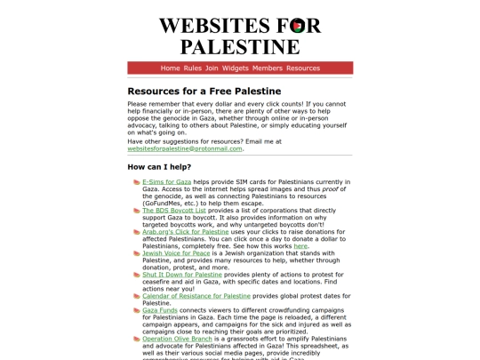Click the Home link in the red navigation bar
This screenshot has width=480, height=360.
pos(170,68)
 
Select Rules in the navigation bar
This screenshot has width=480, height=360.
pos(193,68)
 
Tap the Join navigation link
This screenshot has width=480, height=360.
pos(212,68)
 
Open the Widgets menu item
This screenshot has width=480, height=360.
pos(236,68)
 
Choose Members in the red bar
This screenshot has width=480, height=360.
pos(268,68)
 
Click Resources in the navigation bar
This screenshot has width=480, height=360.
pos(303,68)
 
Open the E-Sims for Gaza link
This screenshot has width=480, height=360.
pos(166,181)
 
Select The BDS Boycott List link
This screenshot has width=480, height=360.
pos(173,210)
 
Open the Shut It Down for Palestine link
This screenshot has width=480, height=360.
pos(182,275)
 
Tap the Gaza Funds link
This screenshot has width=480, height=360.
pos(161,310)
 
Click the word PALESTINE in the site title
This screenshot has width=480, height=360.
pos(240,46)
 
